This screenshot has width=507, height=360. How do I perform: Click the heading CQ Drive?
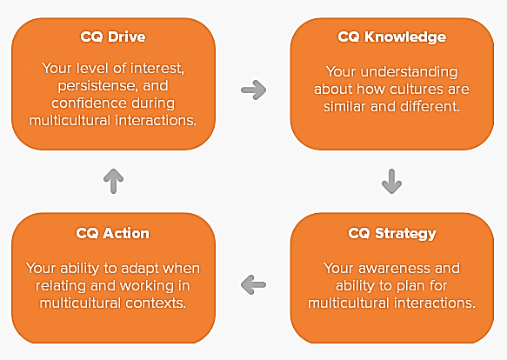tap(113, 37)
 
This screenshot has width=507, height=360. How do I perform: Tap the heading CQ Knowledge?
tap(392, 37)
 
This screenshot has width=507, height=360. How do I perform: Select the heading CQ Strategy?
tap(392, 234)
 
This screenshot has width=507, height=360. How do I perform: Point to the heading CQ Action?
tap(113, 233)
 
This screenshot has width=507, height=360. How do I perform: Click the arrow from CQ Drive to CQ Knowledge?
tap(254, 90)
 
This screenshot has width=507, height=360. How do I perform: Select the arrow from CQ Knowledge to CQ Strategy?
tap(392, 181)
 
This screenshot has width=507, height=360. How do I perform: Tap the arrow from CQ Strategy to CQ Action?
tap(254, 284)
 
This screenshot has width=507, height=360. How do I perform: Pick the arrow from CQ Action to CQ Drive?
tap(114, 181)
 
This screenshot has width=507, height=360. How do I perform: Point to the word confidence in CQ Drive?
tap(84, 103)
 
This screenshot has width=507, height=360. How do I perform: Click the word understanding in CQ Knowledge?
tap(409, 72)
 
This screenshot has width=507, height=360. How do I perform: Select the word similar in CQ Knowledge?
tap(345, 106)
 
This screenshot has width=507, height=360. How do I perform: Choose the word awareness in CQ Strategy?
tap(395, 268)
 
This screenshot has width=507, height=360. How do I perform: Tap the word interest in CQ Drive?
tap(157, 68)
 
